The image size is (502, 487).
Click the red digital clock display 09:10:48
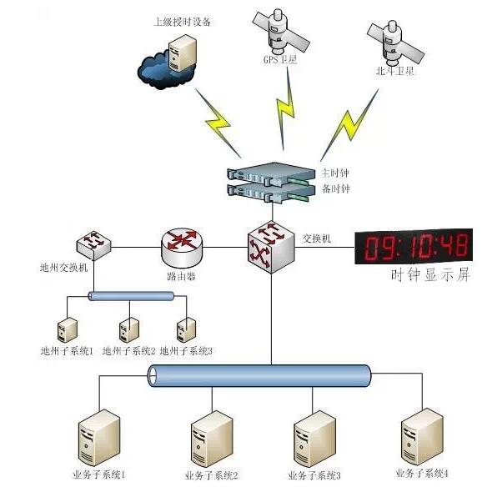click(414, 246)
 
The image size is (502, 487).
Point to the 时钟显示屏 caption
click(430, 276)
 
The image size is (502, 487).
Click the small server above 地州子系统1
click(68, 329)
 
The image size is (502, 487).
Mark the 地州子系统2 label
click(128, 352)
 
